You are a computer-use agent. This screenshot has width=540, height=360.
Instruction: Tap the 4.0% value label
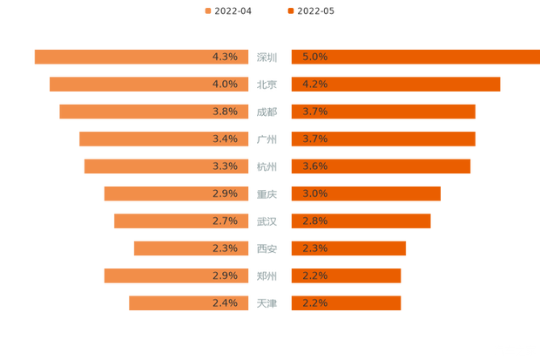point(225,85)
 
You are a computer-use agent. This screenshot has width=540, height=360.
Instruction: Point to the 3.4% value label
point(225,139)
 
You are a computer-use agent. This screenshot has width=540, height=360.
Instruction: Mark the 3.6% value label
point(314,166)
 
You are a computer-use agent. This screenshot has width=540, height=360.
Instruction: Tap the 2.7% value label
point(225,221)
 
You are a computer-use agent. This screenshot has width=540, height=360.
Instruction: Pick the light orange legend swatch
point(207,10)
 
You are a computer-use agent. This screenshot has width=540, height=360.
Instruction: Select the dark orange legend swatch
point(290,10)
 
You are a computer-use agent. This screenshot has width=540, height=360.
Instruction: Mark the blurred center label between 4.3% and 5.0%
point(267,57)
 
